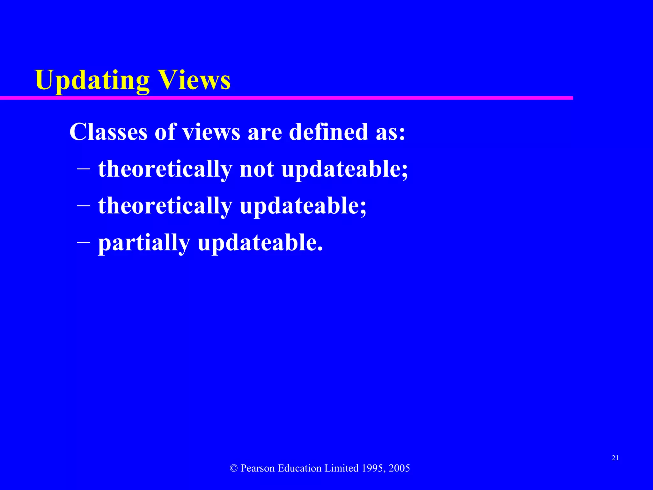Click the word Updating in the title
point(92,80)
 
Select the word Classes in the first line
point(108,132)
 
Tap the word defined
point(328,132)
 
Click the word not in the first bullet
point(257,169)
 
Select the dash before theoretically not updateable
point(84,168)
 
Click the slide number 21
point(615,458)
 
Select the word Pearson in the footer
point(258,468)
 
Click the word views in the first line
point(211,132)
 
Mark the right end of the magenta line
point(572,98)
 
